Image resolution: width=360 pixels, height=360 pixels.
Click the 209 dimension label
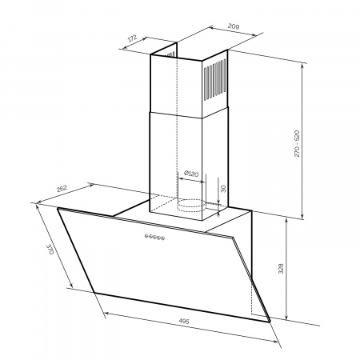pos(234,26)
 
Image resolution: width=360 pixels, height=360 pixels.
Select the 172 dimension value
pos(133,38)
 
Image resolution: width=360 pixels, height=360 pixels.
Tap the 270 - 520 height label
pos(297,143)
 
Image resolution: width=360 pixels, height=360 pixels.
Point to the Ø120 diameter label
pos(191,174)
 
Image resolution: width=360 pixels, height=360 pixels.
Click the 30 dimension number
pos(223,189)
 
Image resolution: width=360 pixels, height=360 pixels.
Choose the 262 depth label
pos(62,189)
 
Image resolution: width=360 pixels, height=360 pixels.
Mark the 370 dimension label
pos(50,249)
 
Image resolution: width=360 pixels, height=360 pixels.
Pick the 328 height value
pos(281,269)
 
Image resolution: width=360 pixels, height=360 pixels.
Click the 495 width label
pos(184,321)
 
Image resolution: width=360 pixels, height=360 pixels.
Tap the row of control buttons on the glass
pos(154,237)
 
